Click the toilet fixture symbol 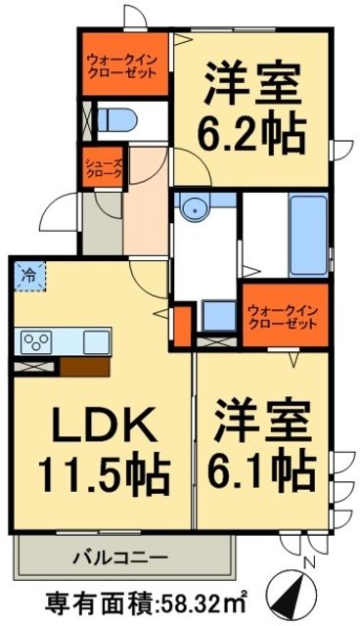(118, 118)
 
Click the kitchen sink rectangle (95, 341)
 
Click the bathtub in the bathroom (306, 235)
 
